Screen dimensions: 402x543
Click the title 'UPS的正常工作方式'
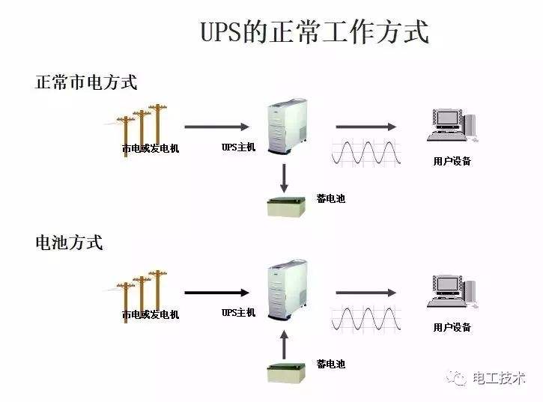click(315, 33)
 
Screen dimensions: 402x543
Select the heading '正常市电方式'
click(86, 82)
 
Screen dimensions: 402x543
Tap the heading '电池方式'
click(69, 243)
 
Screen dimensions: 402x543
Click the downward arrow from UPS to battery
click(285, 177)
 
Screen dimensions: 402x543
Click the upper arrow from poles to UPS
click(216, 127)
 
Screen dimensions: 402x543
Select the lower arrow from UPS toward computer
click(365, 293)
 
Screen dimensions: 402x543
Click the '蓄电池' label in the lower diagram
click(330, 364)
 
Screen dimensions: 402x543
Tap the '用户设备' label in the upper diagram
click(452, 161)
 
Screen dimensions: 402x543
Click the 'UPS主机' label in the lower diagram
click(238, 312)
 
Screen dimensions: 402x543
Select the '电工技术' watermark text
click(499, 378)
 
